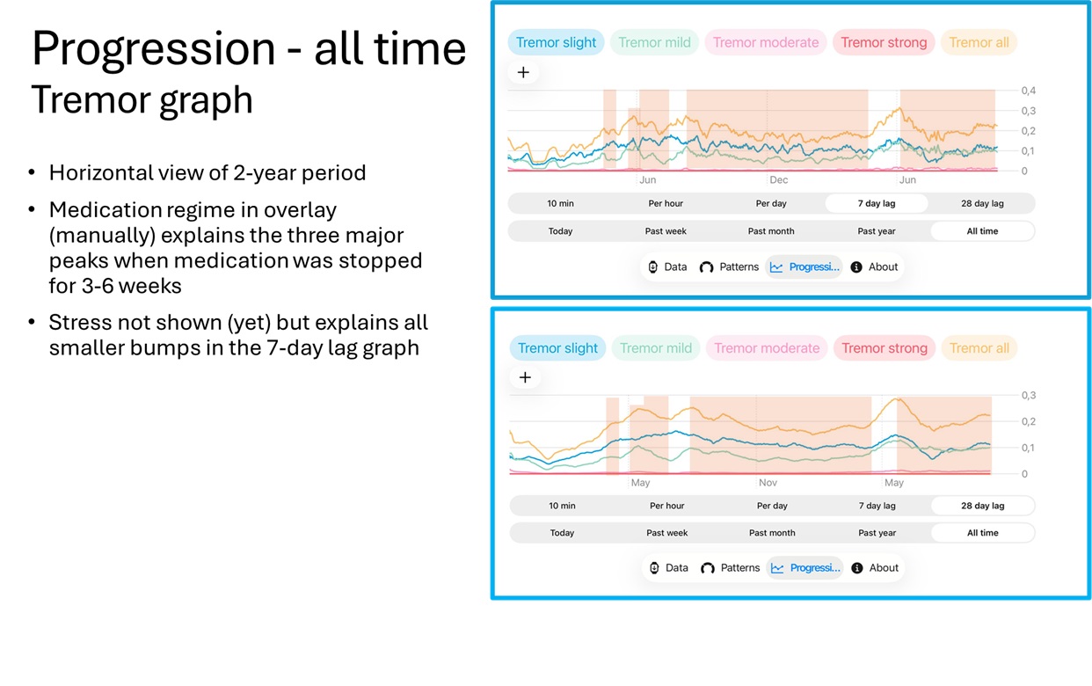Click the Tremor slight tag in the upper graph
(x=556, y=42)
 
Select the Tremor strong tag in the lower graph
(x=885, y=348)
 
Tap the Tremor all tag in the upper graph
(x=979, y=42)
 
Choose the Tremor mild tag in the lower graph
(x=656, y=348)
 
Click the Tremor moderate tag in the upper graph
(x=766, y=42)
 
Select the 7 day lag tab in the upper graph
(x=877, y=203)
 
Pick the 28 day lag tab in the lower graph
(x=982, y=506)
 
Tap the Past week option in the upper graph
(x=666, y=231)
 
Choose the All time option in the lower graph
(x=982, y=533)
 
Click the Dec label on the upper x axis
(x=778, y=180)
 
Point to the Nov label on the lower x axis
(x=768, y=483)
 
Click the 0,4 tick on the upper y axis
(x=1028, y=91)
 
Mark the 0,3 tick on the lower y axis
(x=1028, y=396)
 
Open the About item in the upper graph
(x=875, y=267)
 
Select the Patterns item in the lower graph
(x=731, y=568)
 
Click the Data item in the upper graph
(x=667, y=267)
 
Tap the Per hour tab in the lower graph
(x=667, y=506)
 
